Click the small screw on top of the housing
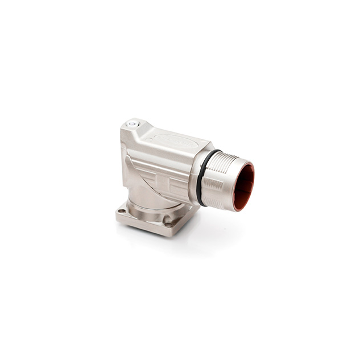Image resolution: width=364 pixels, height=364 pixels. click(x=133, y=123)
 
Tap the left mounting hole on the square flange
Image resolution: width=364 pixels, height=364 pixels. click(x=122, y=212)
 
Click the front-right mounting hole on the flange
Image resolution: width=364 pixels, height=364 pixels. click(x=169, y=224)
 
